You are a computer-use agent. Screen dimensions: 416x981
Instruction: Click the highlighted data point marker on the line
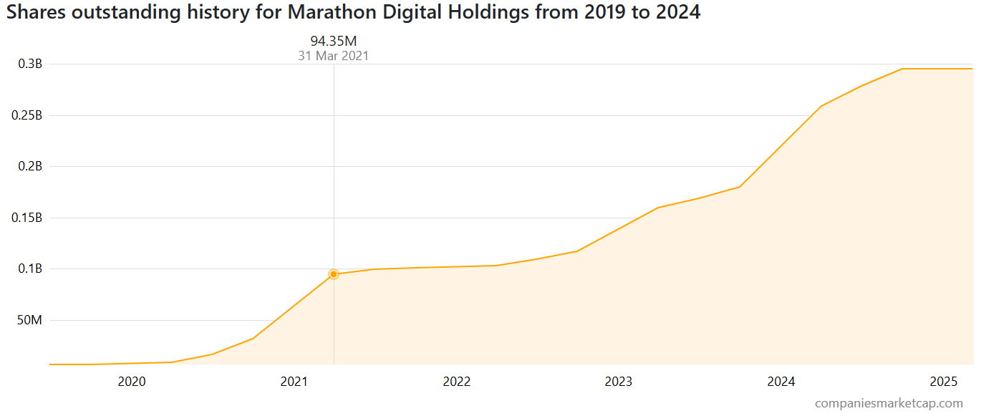tap(333, 274)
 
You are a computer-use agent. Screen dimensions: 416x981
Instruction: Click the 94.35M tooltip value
tap(333, 41)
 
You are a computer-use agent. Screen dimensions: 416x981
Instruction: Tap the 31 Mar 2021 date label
tap(333, 56)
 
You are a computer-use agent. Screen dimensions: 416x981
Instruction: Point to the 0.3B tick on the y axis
tap(30, 64)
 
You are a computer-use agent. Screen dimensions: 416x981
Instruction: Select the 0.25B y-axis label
tap(27, 115)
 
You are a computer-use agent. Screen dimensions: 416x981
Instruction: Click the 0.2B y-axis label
tap(30, 166)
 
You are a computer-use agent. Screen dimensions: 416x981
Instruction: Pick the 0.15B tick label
tap(27, 218)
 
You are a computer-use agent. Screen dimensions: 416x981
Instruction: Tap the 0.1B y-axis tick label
tap(30, 269)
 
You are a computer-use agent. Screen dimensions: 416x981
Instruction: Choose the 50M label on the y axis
tap(30, 320)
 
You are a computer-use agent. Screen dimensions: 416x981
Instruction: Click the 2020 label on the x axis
tap(132, 382)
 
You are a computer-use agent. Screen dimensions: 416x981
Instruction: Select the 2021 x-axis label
tap(294, 382)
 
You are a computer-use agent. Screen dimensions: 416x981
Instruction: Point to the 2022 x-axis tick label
tap(457, 382)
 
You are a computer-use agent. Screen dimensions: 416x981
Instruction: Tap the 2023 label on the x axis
tap(619, 382)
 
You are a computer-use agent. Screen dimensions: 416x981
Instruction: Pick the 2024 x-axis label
tap(781, 382)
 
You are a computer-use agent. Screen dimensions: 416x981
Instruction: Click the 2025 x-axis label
tap(944, 382)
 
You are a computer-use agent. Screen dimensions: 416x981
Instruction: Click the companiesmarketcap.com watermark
tap(889, 404)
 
